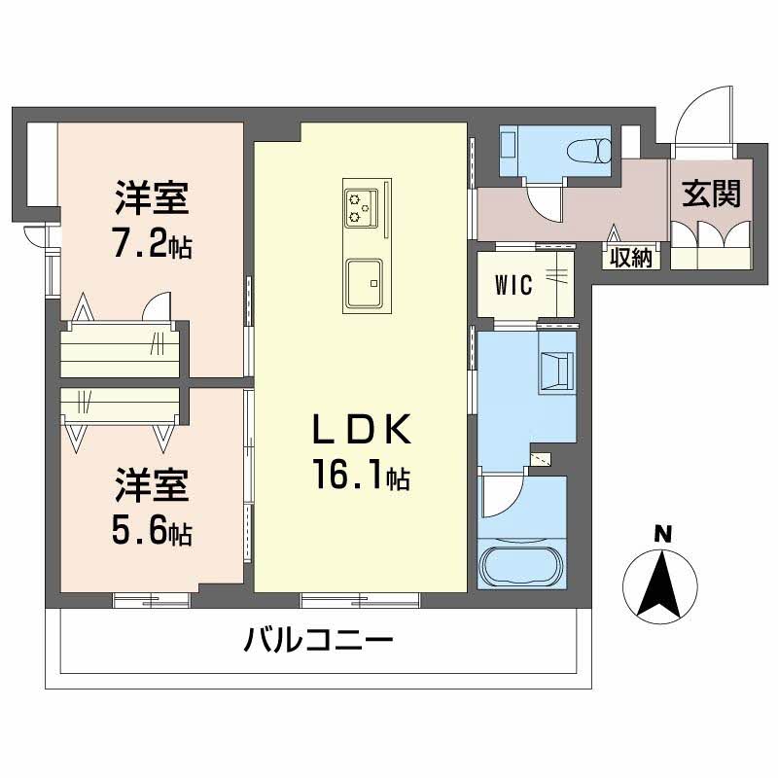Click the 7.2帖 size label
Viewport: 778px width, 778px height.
151,243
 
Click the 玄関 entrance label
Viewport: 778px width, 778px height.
711,194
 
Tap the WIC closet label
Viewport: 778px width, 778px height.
513,286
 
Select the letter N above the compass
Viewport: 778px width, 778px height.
662,533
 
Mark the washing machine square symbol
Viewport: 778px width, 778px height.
557,371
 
